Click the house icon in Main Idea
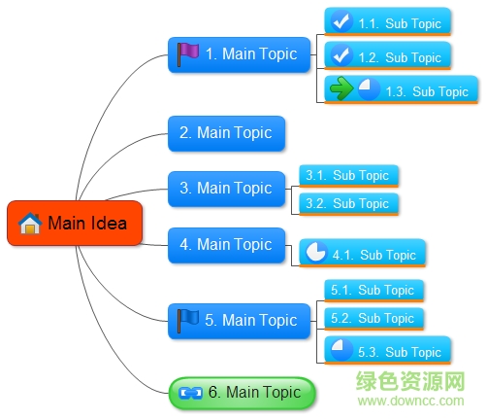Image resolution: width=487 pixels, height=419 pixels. (30, 224)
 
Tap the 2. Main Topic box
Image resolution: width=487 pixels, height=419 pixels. (226, 133)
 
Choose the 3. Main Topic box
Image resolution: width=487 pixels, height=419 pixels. (226, 189)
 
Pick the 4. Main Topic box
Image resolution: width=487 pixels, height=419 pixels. (226, 245)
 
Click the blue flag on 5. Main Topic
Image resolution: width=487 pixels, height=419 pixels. (187, 319)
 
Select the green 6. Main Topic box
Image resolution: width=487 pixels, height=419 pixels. (243, 393)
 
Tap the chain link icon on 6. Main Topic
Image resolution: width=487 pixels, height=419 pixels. (190, 393)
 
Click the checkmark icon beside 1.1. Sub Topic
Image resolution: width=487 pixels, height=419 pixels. (341, 21)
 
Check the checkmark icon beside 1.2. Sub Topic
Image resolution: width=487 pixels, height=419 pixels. (341, 56)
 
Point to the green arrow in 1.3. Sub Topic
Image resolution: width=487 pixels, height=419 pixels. (341, 90)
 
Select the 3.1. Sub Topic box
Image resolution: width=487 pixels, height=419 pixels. (348, 176)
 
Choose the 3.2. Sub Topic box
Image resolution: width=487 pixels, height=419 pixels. (348, 204)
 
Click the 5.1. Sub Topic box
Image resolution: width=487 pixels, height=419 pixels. (373, 290)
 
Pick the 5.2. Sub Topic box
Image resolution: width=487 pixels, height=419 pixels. (373, 318)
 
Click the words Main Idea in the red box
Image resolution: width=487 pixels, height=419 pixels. (87, 224)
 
